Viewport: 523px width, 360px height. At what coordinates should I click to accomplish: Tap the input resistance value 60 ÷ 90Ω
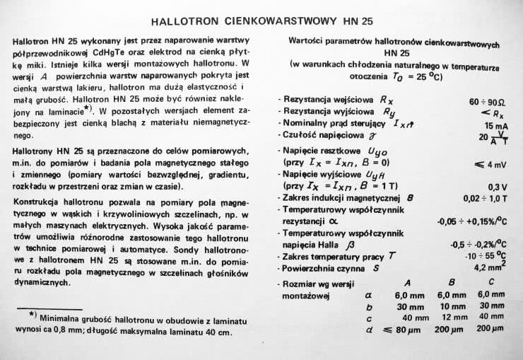486,102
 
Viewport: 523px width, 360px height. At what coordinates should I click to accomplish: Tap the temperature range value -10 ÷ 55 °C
487,255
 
